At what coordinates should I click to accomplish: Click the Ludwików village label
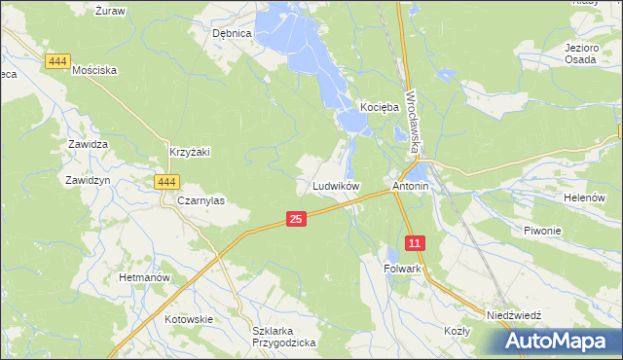[x=337, y=185]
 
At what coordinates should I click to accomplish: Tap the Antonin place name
[x=410, y=185]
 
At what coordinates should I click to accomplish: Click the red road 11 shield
[x=416, y=242]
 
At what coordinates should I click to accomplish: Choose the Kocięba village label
[x=380, y=106]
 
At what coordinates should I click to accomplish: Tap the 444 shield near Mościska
[x=57, y=61]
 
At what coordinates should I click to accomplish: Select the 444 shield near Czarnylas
[x=166, y=182]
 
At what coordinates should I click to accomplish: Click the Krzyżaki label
[x=190, y=152]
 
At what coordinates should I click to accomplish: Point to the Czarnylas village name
[x=202, y=200]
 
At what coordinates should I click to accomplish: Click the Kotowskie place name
[x=189, y=318]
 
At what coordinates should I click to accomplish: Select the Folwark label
[x=402, y=268]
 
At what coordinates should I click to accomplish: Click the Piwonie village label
[x=543, y=231]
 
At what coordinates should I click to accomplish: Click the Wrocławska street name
[x=414, y=122]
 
